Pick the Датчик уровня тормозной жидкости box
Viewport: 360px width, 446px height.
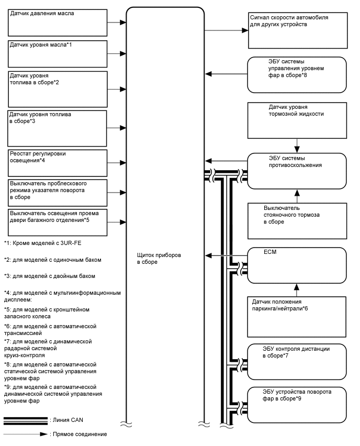pyautogui.click(x=297, y=117)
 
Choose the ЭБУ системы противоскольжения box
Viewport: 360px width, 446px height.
pyautogui.click(x=297, y=171)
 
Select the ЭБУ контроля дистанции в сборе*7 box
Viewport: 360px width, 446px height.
pyautogui.click(x=297, y=361)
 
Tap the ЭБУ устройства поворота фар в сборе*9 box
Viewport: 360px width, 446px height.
pyautogui.click(x=297, y=405)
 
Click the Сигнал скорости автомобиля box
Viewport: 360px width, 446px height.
pyautogui.click(x=297, y=31)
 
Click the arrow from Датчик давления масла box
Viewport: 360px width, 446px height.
pyautogui.click(x=117, y=23)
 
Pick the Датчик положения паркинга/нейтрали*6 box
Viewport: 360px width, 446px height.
pyautogui.click(x=297, y=317)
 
